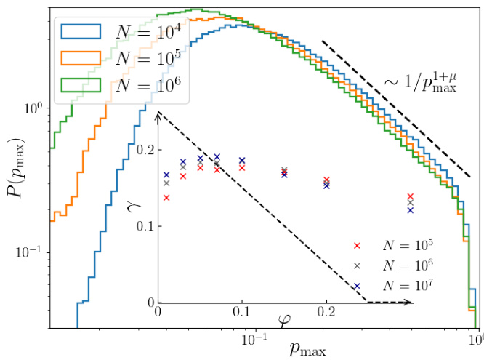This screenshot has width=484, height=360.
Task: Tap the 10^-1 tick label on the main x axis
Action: coord(251,340)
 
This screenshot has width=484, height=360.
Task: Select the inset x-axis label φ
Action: coord(284,319)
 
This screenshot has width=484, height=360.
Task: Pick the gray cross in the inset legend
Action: coord(357,266)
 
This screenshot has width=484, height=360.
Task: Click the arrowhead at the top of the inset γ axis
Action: coord(158,115)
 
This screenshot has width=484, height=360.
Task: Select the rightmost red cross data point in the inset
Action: coord(411,197)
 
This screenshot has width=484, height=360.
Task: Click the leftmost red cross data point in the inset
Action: coord(166,197)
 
